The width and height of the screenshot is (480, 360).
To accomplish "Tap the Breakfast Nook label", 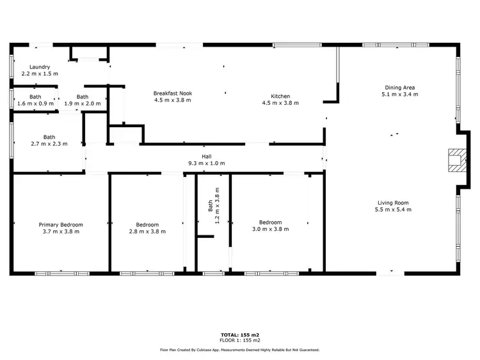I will click(x=173, y=93).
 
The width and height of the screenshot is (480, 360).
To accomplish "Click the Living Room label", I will click(x=393, y=203).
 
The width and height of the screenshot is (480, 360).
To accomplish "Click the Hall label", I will click(x=206, y=157).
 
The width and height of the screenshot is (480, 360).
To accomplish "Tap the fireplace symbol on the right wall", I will click(x=456, y=160).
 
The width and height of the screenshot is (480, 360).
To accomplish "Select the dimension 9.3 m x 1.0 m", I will click(x=206, y=164).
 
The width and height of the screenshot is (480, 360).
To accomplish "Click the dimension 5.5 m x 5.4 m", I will click(x=393, y=210).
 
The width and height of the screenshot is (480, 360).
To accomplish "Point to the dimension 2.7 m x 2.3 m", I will click(x=49, y=143).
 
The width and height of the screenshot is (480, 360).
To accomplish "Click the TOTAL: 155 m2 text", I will click(x=239, y=335).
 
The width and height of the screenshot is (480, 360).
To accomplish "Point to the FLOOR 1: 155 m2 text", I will click(x=239, y=340).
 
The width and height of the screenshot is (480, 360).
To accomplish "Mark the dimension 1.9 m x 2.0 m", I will click(x=83, y=104).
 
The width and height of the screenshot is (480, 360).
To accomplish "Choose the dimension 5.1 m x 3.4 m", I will click(x=400, y=94).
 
